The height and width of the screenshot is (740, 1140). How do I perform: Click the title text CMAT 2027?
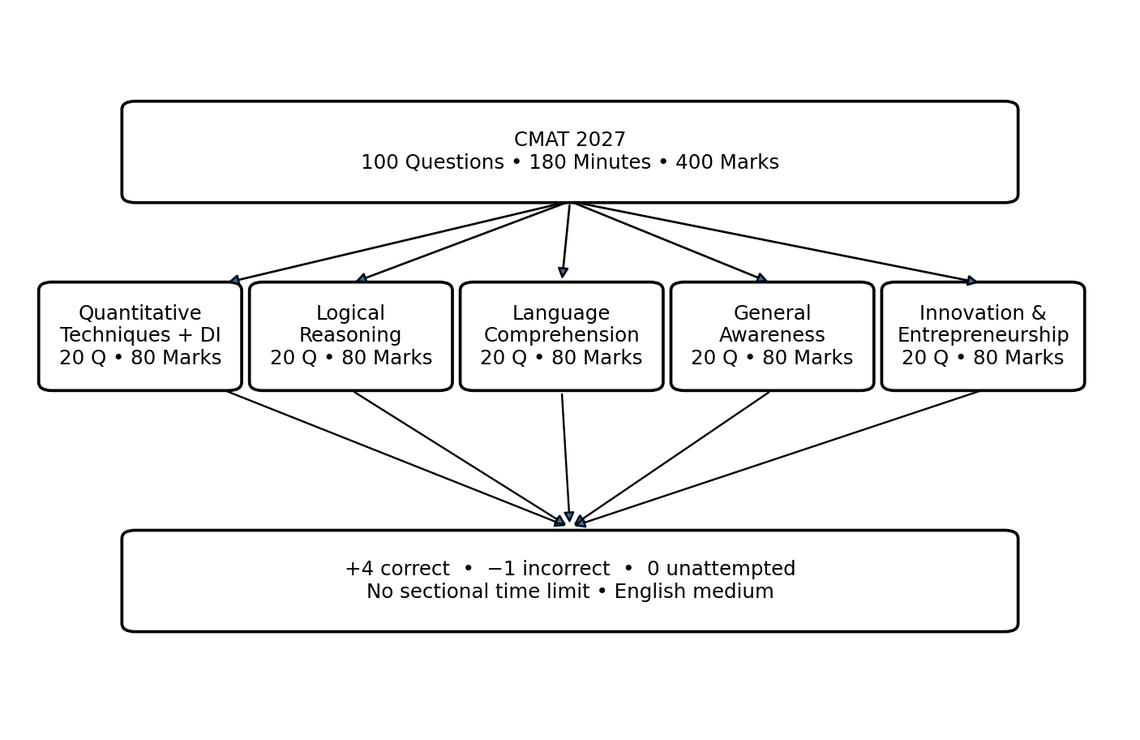(x=569, y=140)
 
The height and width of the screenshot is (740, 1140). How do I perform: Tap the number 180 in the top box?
(x=546, y=162)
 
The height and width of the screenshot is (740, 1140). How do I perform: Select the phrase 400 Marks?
(x=727, y=162)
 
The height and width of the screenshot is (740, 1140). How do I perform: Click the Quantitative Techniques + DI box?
(x=140, y=336)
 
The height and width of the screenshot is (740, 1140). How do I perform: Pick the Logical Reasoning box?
(x=350, y=336)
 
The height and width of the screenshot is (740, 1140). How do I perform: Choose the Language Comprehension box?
(x=561, y=336)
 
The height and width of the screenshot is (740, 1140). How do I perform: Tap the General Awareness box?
(x=772, y=336)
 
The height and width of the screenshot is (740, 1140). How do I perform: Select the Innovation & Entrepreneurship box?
(x=983, y=336)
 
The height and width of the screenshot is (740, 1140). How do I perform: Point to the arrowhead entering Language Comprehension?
(x=563, y=273)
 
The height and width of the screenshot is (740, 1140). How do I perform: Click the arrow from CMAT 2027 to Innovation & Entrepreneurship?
(x=774, y=242)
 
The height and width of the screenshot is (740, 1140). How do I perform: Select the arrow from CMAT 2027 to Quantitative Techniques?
(x=400, y=242)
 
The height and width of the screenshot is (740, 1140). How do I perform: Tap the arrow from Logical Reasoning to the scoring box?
(x=459, y=458)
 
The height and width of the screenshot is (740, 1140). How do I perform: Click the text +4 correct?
(x=397, y=569)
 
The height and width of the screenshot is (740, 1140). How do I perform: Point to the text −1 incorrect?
(x=549, y=569)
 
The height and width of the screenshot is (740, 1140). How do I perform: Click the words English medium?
(x=694, y=592)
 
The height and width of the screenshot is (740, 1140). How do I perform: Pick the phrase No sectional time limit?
(x=478, y=592)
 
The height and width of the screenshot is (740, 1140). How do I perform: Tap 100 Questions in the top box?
(x=433, y=162)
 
